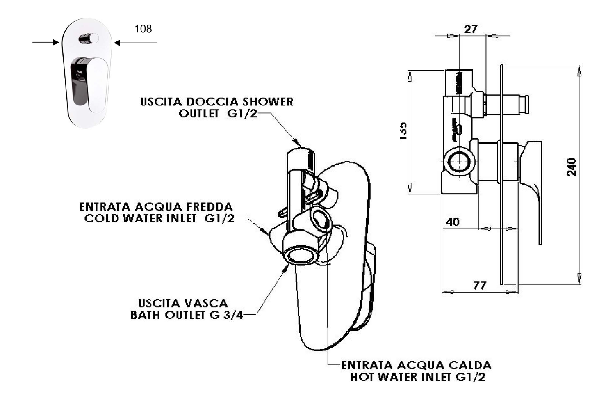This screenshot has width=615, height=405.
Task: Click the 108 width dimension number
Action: pyautogui.click(x=143, y=29)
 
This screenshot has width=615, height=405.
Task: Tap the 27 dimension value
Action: pyautogui.click(x=471, y=29)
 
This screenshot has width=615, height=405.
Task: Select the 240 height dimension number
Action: pyautogui.click(x=572, y=167)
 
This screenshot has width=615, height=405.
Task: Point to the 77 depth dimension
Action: pyautogui.click(x=480, y=285)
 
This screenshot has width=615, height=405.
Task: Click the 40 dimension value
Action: pyautogui.click(x=452, y=222)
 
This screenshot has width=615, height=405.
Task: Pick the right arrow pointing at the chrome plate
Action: pyautogui.click(x=135, y=42)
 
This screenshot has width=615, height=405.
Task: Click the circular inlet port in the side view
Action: pyautogui.click(x=459, y=162)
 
